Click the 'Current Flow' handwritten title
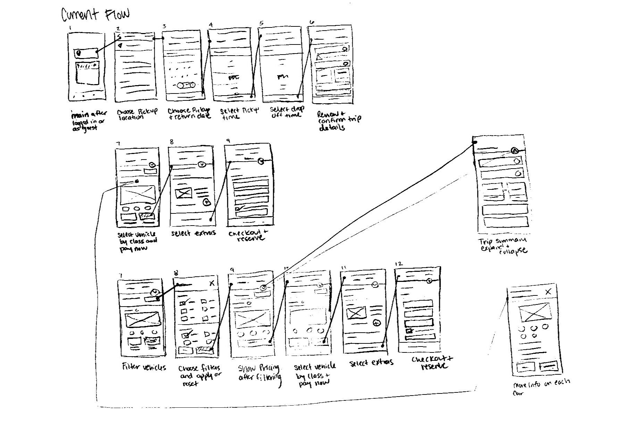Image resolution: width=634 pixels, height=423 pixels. (x=95, y=15)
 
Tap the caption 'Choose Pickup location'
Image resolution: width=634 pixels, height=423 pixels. (x=136, y=114)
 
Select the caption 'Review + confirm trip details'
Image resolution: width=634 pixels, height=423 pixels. (x=338, y=120)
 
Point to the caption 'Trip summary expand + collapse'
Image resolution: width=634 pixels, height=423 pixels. (x=503, y=245)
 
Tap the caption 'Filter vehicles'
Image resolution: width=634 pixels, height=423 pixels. (x=144, y=367)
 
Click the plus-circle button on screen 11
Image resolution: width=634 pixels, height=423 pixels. (x=377, y=323)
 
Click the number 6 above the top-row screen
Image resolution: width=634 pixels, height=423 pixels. (x=312, y=23)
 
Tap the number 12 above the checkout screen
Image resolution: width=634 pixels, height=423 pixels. (x=399, y=264)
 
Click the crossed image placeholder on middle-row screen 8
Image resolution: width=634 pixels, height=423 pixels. (x=184, y=193)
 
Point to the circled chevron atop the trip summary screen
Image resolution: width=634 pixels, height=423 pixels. (x=515, y=151)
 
